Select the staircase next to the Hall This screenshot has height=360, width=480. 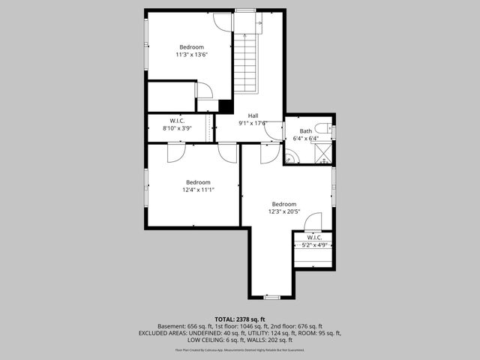(247, 64)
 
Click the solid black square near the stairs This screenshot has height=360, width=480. (223, 106)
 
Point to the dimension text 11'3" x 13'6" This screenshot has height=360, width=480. (191, 54)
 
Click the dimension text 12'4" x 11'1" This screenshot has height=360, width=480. (199, 190)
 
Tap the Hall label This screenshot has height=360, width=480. (253, 115)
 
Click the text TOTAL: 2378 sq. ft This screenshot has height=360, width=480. (240, 319)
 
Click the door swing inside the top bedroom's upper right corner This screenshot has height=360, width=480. (223, 21)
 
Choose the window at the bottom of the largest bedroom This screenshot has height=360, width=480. (272, 298)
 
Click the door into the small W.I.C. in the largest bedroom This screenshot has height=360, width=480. (314, 223)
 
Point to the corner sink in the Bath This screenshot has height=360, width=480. (289, 158)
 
